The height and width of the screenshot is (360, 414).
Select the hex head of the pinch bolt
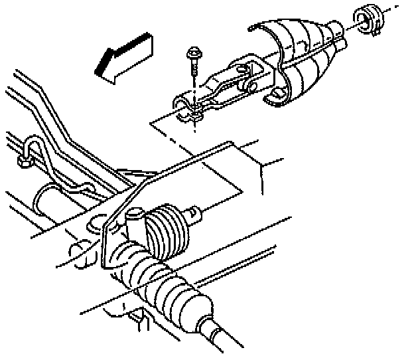pos(194,52)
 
